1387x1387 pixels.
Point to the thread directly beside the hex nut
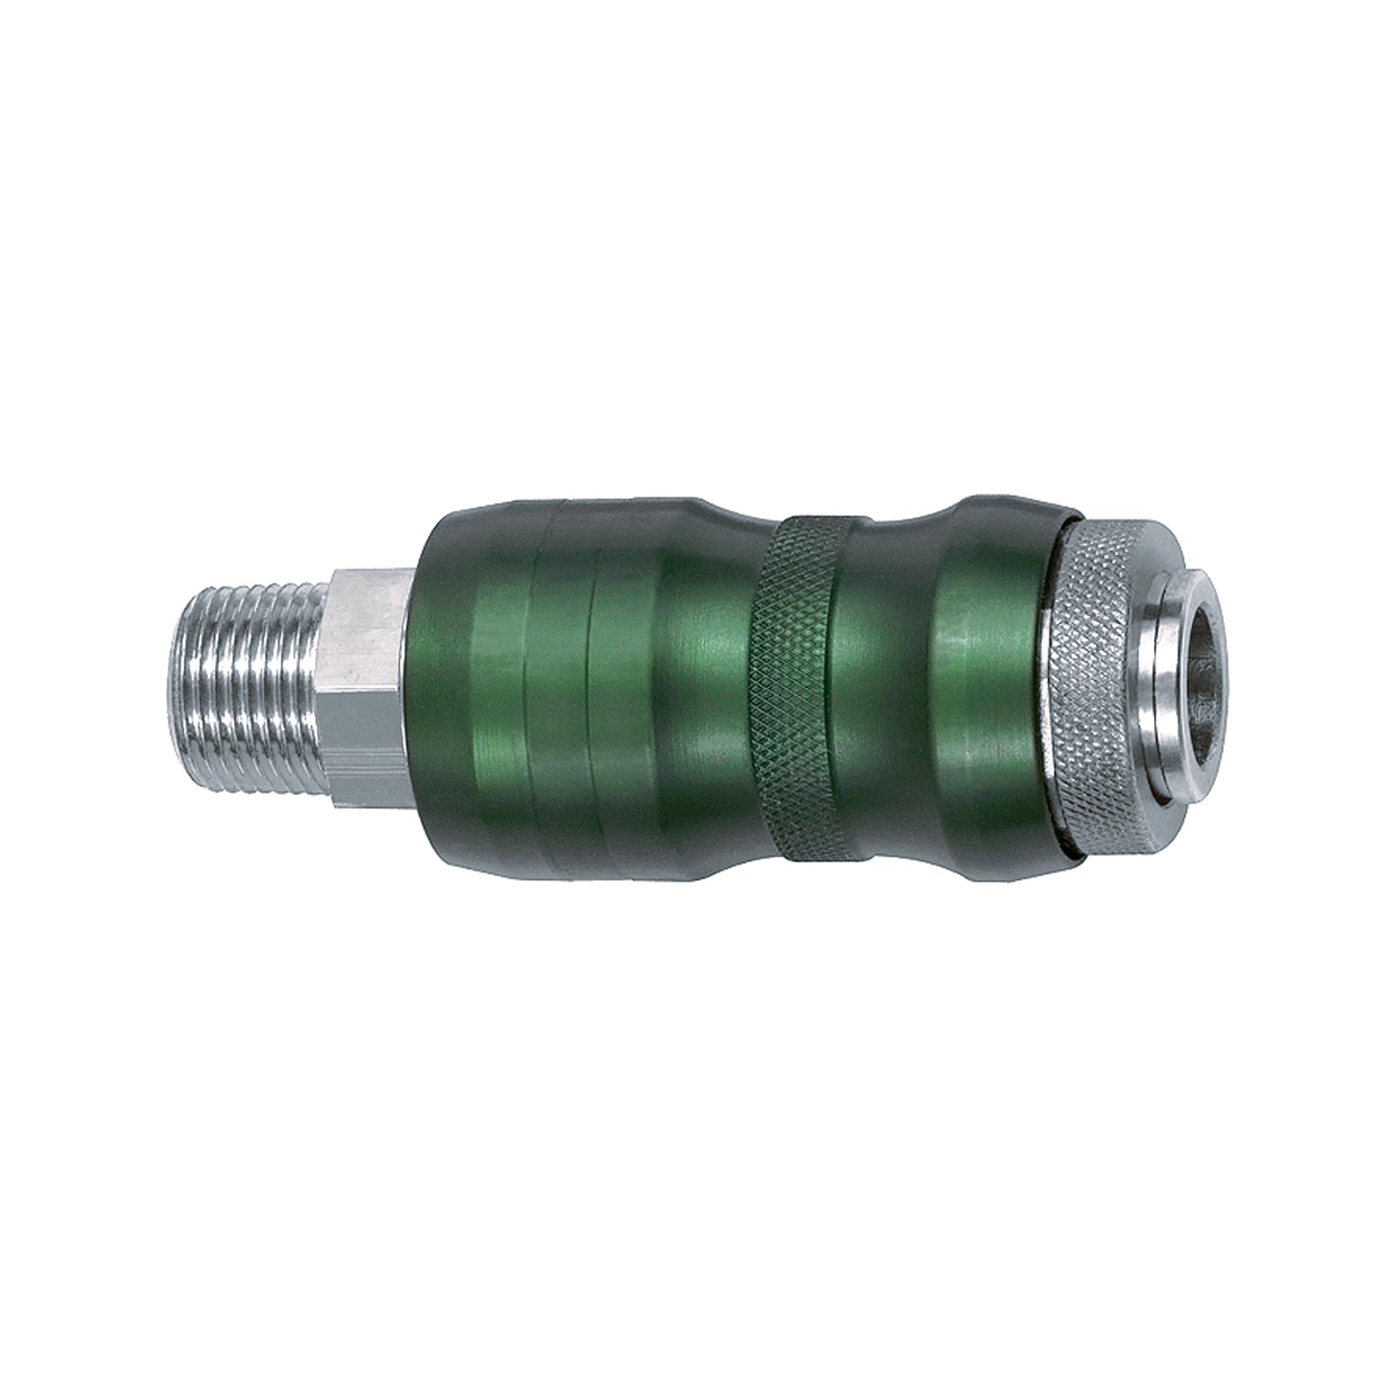point(316,689)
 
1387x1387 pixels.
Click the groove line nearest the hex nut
point(528,689)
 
